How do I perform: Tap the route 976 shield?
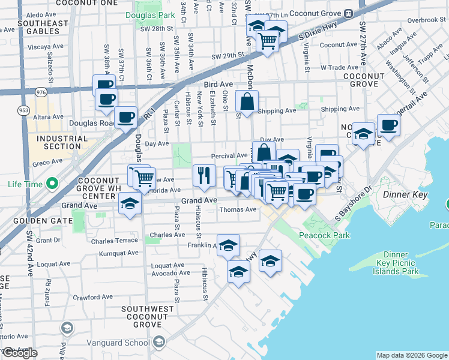pos(41,92)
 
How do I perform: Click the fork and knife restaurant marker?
pos(204,175)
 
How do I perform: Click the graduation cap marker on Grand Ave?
pos(130,203)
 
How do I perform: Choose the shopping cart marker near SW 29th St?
pos(267,41)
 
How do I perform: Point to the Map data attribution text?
pos(412,355)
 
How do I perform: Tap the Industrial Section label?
pos(58,142)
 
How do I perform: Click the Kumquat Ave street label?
pos(119,253)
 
